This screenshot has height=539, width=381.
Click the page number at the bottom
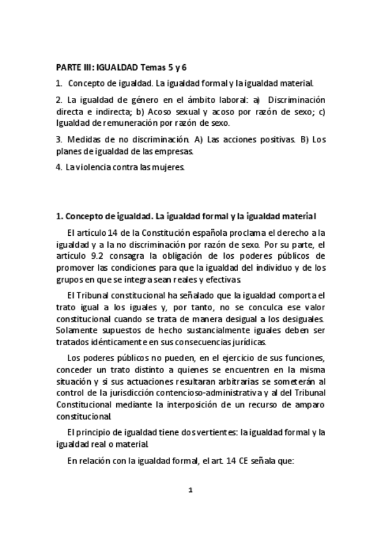(x=190, y=490)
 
